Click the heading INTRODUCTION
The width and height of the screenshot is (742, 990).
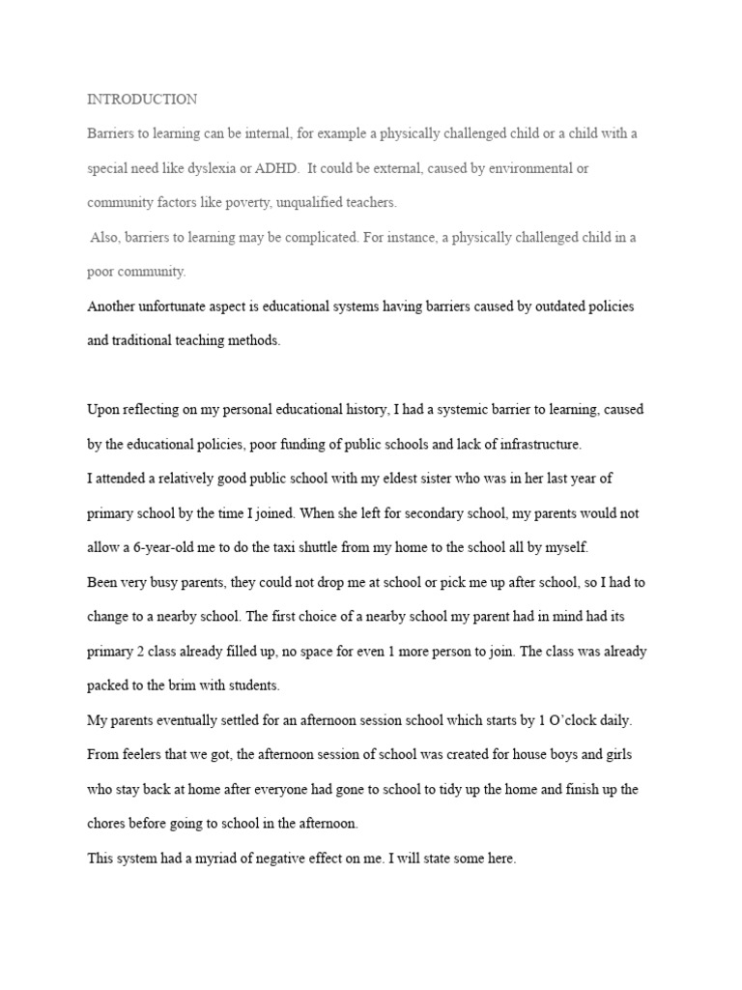[x=142, y=100]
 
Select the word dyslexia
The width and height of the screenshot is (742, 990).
[x=225, y=168]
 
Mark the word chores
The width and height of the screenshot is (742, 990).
[x=106, y=824]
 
